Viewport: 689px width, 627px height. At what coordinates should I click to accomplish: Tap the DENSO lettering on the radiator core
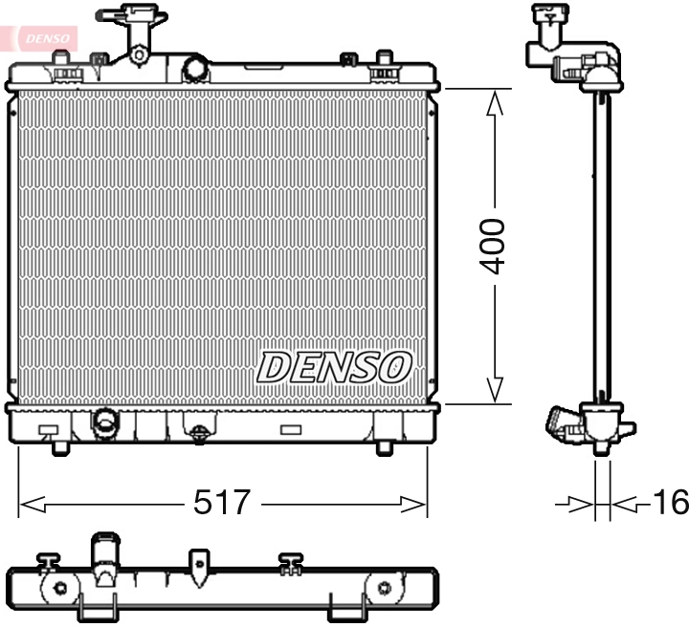coord(335,367)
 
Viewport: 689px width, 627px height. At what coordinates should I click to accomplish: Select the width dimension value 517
coord(222,502)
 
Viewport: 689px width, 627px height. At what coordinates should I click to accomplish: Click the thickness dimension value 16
coord(669,503)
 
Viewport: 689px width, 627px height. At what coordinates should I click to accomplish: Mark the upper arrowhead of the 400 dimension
coord(494,101)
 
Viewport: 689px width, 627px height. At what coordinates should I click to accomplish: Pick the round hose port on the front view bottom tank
coord(102,420)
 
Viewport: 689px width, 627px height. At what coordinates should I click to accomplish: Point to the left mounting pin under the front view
coord(59,446)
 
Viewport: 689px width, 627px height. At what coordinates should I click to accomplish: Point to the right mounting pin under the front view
coord(385,446)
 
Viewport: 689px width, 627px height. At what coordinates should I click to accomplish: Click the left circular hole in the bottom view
coord(59,588)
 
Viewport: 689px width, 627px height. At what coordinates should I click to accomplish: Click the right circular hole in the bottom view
coord(384,588)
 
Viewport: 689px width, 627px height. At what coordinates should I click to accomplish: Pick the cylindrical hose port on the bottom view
coord(104,554)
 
